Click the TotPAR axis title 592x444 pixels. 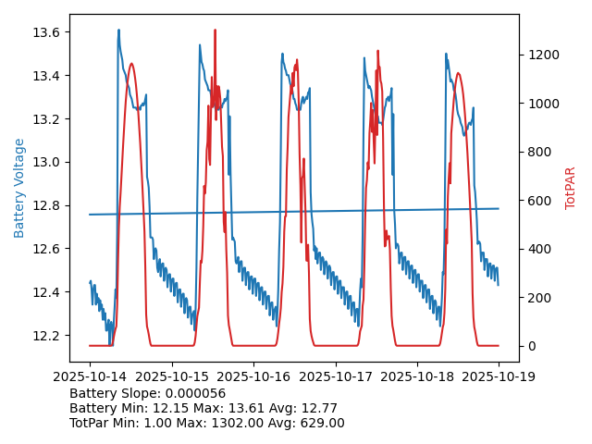click(571, 188)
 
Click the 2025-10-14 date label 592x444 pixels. click(90, 376)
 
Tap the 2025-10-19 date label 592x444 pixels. click(499, 376)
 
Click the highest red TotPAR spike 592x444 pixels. click(215, 31)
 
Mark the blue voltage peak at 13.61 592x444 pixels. click(118, 31)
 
